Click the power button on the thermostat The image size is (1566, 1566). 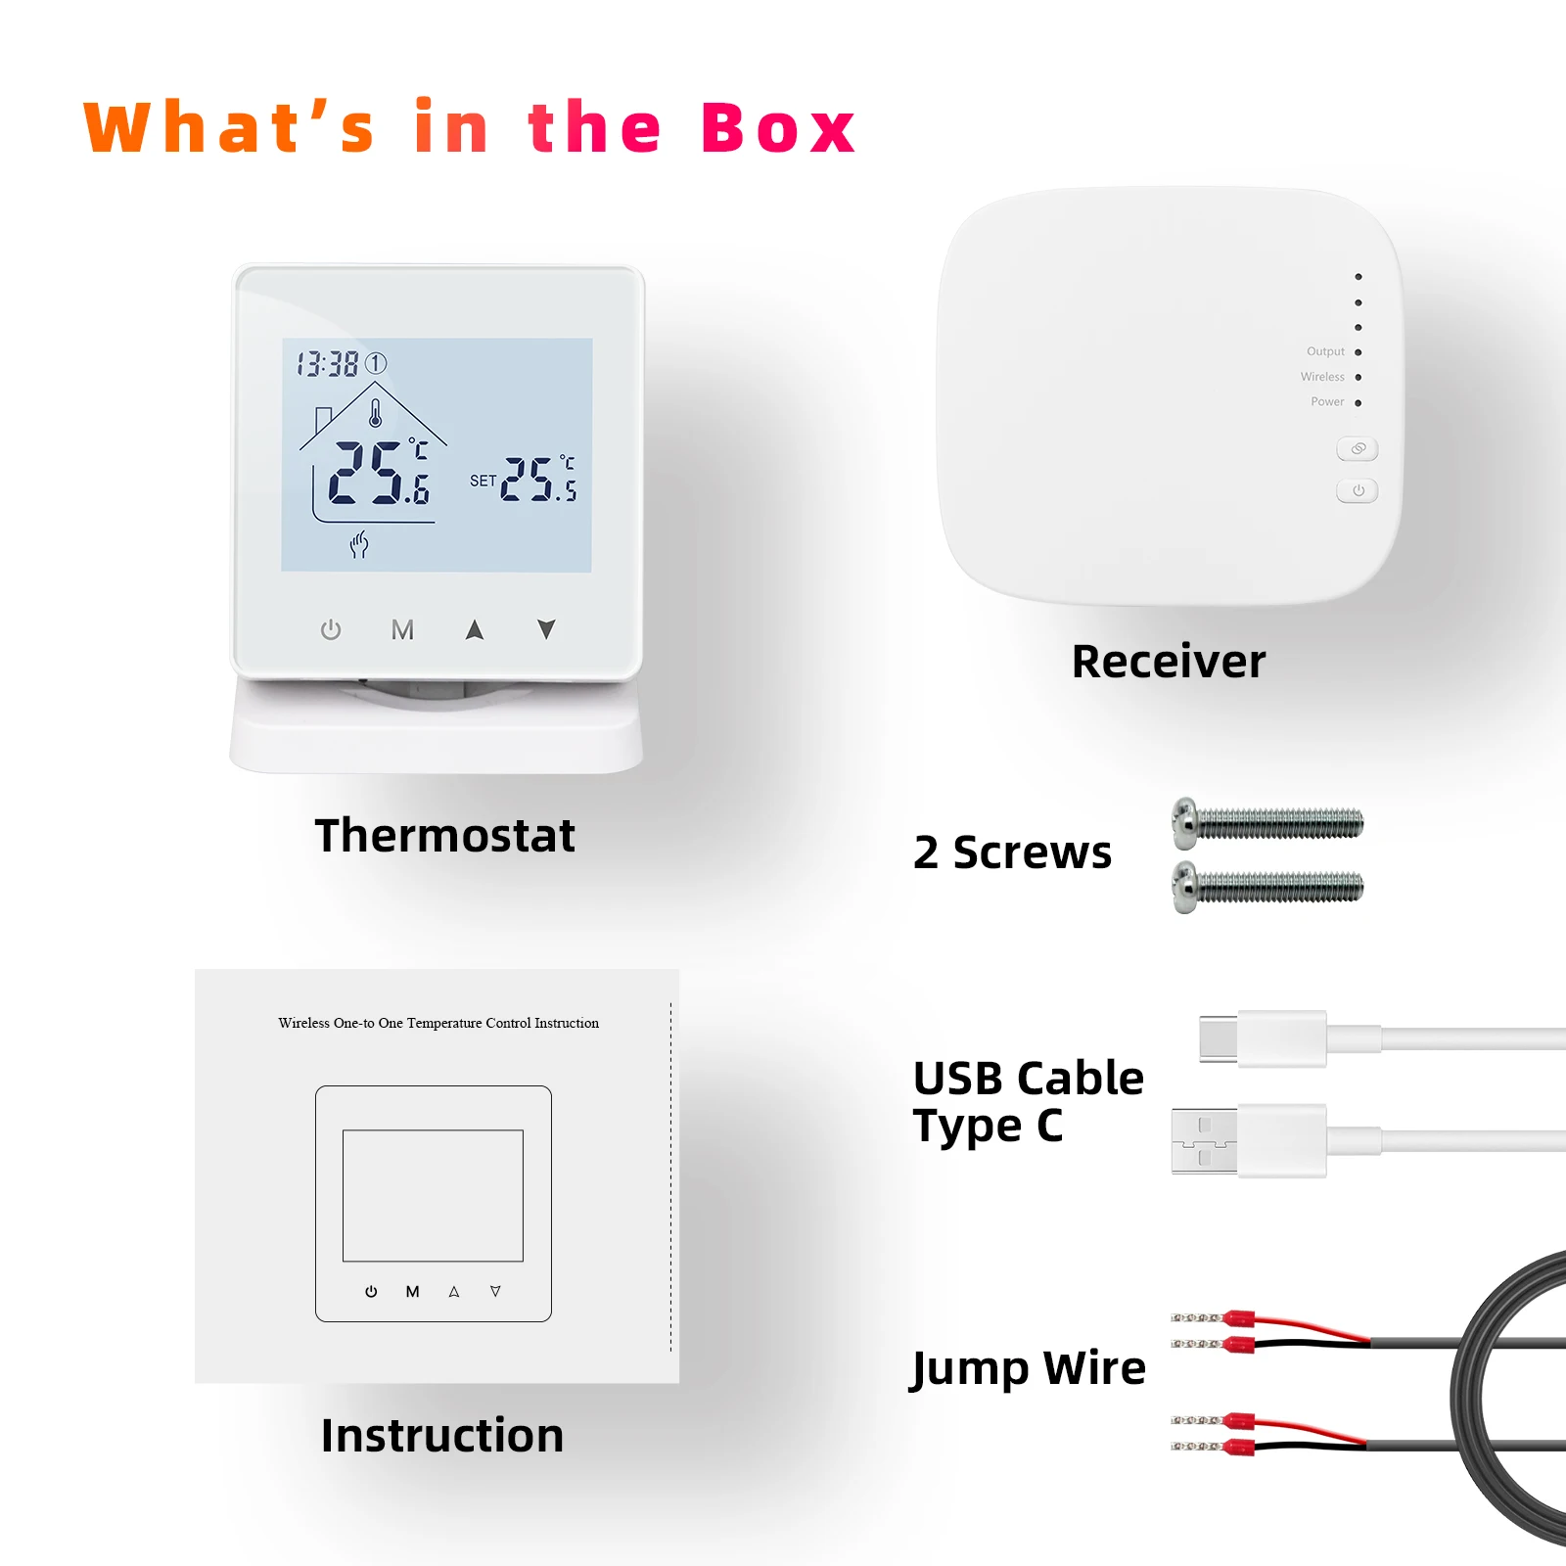331,629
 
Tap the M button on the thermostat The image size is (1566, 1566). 402,629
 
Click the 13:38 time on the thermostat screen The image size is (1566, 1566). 328,364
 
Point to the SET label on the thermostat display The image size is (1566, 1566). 483,481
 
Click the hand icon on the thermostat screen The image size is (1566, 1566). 359,544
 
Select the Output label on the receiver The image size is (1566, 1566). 1325,351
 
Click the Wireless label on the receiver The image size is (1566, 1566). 1322,377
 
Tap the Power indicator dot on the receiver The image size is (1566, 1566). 1359,402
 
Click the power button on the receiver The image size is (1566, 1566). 1358,490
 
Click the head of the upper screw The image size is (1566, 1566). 1185,822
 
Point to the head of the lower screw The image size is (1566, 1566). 1185,887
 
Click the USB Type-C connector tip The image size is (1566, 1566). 1219,1037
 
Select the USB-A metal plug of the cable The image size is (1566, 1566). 1204,1140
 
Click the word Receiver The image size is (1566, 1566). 1168,662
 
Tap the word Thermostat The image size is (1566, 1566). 444,836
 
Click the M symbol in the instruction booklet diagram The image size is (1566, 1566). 413,1292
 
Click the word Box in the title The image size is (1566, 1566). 778,128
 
